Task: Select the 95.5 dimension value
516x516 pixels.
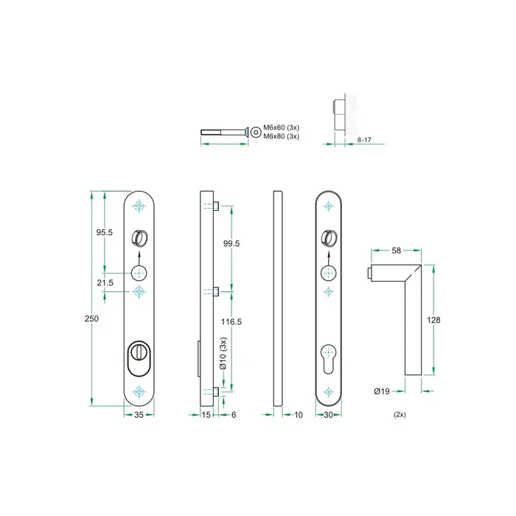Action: coord(104,232)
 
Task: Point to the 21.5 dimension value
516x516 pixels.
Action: coord(104,283)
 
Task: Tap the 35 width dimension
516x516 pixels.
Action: coord(138,415)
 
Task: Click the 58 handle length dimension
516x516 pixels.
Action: coord(396,251)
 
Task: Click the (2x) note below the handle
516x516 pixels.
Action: coord(400,415)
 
